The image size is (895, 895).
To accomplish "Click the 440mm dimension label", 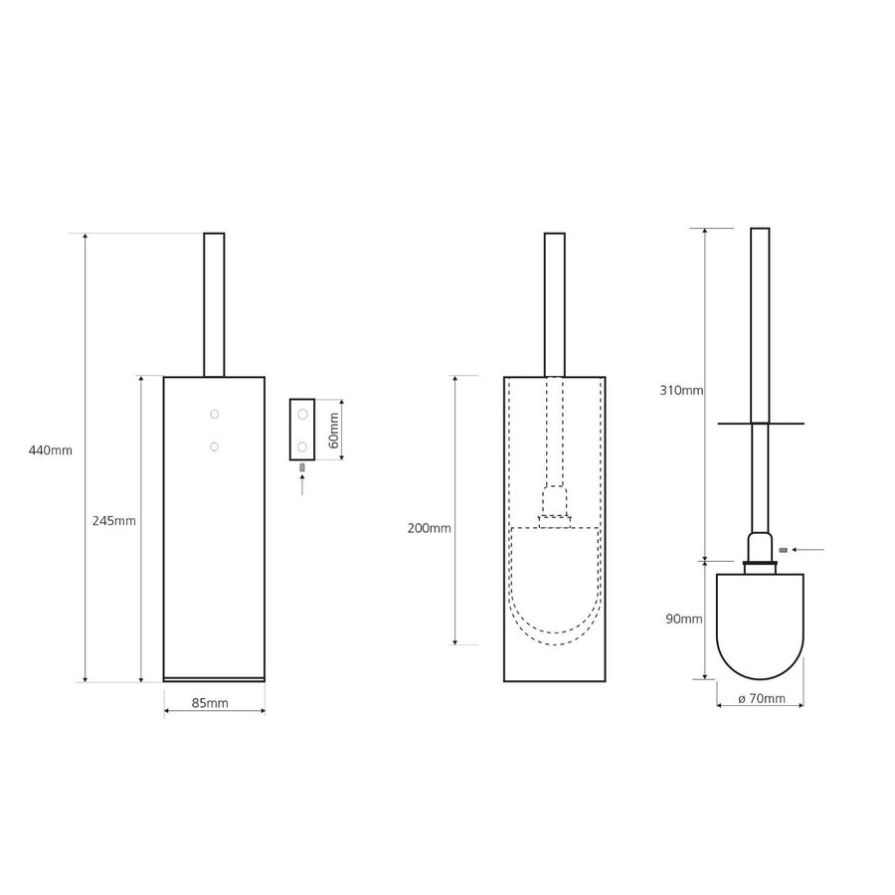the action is coord(51,450).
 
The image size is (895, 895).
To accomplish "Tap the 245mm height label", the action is coord(114,520).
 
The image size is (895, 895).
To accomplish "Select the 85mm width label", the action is coord(210,703).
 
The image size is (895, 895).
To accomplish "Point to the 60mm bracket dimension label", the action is coord(334,430).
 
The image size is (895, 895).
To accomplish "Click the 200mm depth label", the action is coord(430,529).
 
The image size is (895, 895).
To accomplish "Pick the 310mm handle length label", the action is coord(681,391).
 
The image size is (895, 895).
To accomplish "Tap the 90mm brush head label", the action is coord(684,619).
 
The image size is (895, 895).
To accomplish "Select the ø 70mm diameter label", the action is coord(762,699).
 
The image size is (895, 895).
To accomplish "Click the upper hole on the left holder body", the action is coord(214,414).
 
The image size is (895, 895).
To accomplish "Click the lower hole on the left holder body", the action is coord(214,447).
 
